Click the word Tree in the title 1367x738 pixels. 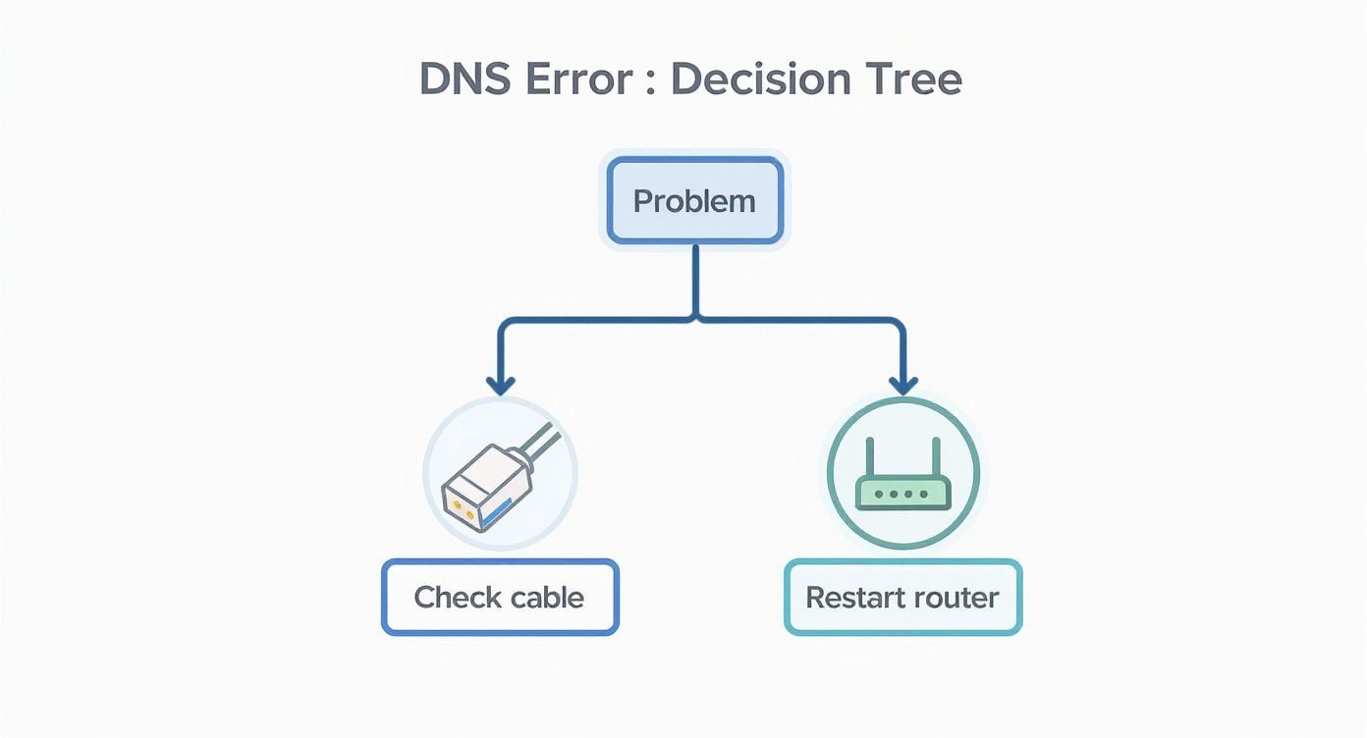[910, 79]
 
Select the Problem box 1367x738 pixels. [694, 201]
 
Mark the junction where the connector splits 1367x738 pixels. [695, 318]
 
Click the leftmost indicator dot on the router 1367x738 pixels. [877, 494]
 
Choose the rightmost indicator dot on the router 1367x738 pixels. [928, 494]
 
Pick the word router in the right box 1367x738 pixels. [955, 597]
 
